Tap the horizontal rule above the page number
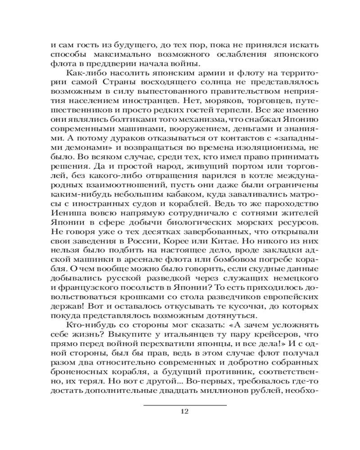point(185,405)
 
